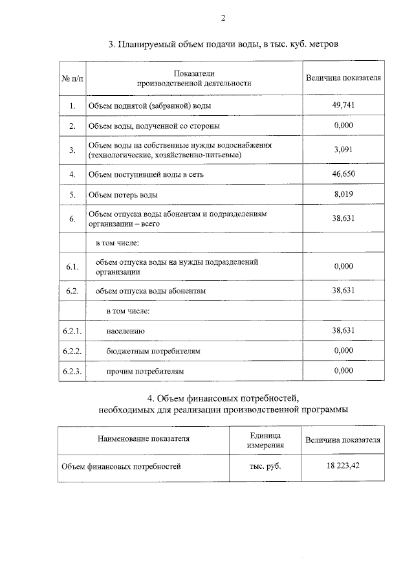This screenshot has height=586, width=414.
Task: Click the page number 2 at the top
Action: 223,18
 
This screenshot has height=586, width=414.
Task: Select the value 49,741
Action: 343,105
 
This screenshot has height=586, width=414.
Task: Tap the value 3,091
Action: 343,150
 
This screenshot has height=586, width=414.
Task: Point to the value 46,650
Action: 343,174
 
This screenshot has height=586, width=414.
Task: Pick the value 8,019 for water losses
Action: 343,194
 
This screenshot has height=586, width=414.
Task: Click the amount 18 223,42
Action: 343,465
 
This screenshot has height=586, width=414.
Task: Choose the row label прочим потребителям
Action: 146,372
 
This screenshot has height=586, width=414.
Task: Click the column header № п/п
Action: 72,78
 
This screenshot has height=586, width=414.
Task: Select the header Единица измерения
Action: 265,439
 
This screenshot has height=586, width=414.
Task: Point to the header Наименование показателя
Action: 144,438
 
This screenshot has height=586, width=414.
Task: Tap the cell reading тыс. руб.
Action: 265,466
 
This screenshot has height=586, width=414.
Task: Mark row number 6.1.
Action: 72,267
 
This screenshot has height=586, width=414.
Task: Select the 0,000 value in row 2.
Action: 343,125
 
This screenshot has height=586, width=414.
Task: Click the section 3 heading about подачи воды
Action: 223,45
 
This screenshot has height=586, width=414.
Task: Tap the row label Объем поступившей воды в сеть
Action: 140,175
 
